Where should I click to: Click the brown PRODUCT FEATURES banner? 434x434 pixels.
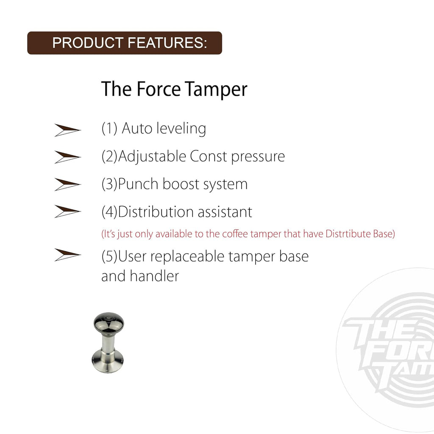[124, 43]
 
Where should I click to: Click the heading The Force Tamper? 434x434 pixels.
[174, 89]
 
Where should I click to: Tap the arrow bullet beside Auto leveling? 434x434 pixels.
[67, 130]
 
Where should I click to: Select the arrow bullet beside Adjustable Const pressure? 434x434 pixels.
[67, 157]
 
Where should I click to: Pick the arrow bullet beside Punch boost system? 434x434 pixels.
[67, 184]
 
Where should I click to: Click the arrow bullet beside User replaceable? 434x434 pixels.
[67, 255]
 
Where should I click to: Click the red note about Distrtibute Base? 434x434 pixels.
[248, 234]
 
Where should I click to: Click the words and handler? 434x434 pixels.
[140, 276]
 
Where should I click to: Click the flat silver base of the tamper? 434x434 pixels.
[108, 362]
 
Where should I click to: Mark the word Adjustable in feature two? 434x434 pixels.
[152, 157]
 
